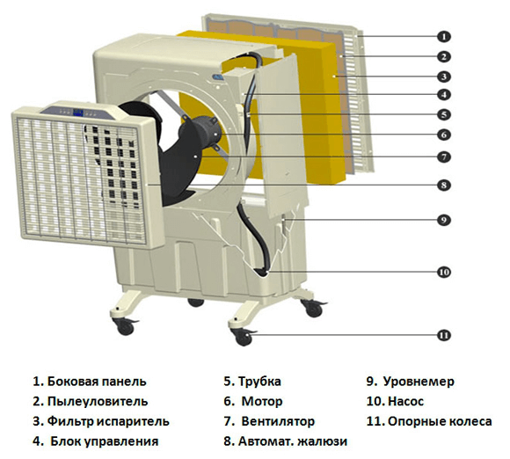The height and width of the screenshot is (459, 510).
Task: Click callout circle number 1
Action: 445,36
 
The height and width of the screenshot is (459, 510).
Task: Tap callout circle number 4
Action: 445,94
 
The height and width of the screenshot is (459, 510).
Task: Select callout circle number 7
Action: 445,157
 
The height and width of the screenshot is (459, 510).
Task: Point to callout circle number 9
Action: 445,219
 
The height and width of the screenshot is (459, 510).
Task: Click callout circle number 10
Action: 445,272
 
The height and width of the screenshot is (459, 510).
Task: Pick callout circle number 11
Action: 445,335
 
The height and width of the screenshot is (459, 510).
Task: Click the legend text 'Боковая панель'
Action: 98,382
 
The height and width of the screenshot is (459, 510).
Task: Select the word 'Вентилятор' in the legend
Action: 277,422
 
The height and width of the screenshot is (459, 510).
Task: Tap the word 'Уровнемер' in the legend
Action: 419,382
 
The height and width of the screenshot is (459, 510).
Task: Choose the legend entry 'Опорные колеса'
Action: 434,422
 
